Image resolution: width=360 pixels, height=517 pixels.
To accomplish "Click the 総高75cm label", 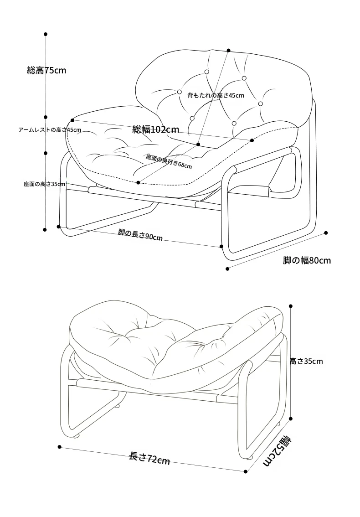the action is [x=46, y=70].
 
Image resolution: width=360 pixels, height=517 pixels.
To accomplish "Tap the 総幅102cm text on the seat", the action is [x=155, y=129].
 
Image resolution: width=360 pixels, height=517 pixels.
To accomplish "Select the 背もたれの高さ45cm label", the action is [x=216, y=95].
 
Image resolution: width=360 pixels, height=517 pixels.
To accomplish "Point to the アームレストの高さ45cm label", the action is [x=50, y=129].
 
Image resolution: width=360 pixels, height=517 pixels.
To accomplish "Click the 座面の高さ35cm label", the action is [x=45, y=184].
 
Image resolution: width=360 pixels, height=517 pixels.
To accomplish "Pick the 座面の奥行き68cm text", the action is [x=169, y=161].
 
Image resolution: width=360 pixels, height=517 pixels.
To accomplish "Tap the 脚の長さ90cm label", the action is [x=140, y=234].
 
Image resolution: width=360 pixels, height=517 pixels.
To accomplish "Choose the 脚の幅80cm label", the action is [x=307, y=260].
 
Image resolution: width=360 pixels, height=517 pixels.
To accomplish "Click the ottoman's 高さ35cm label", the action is [x=306, y=362].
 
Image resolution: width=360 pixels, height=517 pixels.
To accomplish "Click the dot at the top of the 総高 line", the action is [x=46, y=34].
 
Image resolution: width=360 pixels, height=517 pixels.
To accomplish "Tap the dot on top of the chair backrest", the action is [x=228, y=51].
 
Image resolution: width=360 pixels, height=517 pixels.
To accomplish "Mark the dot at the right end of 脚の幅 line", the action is [x=326, y=233].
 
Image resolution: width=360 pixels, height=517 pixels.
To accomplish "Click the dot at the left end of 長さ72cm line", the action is [x=59, y=447].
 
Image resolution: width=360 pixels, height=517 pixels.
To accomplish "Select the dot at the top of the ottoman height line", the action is [x=291, y=306].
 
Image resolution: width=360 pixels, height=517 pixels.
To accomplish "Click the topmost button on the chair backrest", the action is [x=207, y=72].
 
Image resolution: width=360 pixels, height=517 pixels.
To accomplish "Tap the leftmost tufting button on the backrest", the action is [x=180, y=92].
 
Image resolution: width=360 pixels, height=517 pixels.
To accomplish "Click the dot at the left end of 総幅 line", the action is [x=72, y=120].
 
